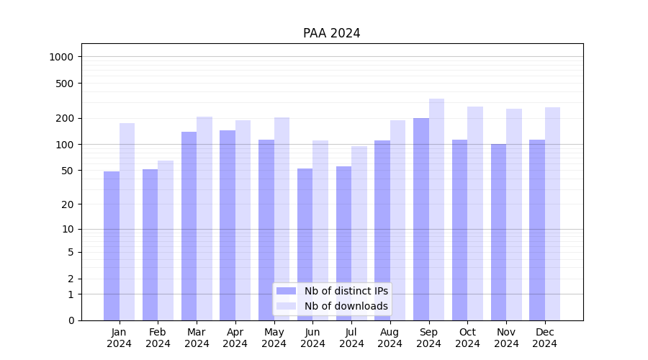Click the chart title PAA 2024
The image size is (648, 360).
tap(331, 33)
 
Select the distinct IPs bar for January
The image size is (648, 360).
tap(112, 246)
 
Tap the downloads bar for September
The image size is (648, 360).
tap(436, 210)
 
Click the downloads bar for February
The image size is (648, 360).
tap(166, 240)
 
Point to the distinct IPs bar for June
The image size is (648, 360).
tap(305, 244)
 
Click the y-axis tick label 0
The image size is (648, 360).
tap(71, 320)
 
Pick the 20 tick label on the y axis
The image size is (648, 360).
tap(68, 204)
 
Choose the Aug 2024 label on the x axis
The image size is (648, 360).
tap(390, 338)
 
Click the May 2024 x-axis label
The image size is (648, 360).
tap(274, 338)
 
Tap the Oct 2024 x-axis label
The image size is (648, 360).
tap(467, 338)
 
